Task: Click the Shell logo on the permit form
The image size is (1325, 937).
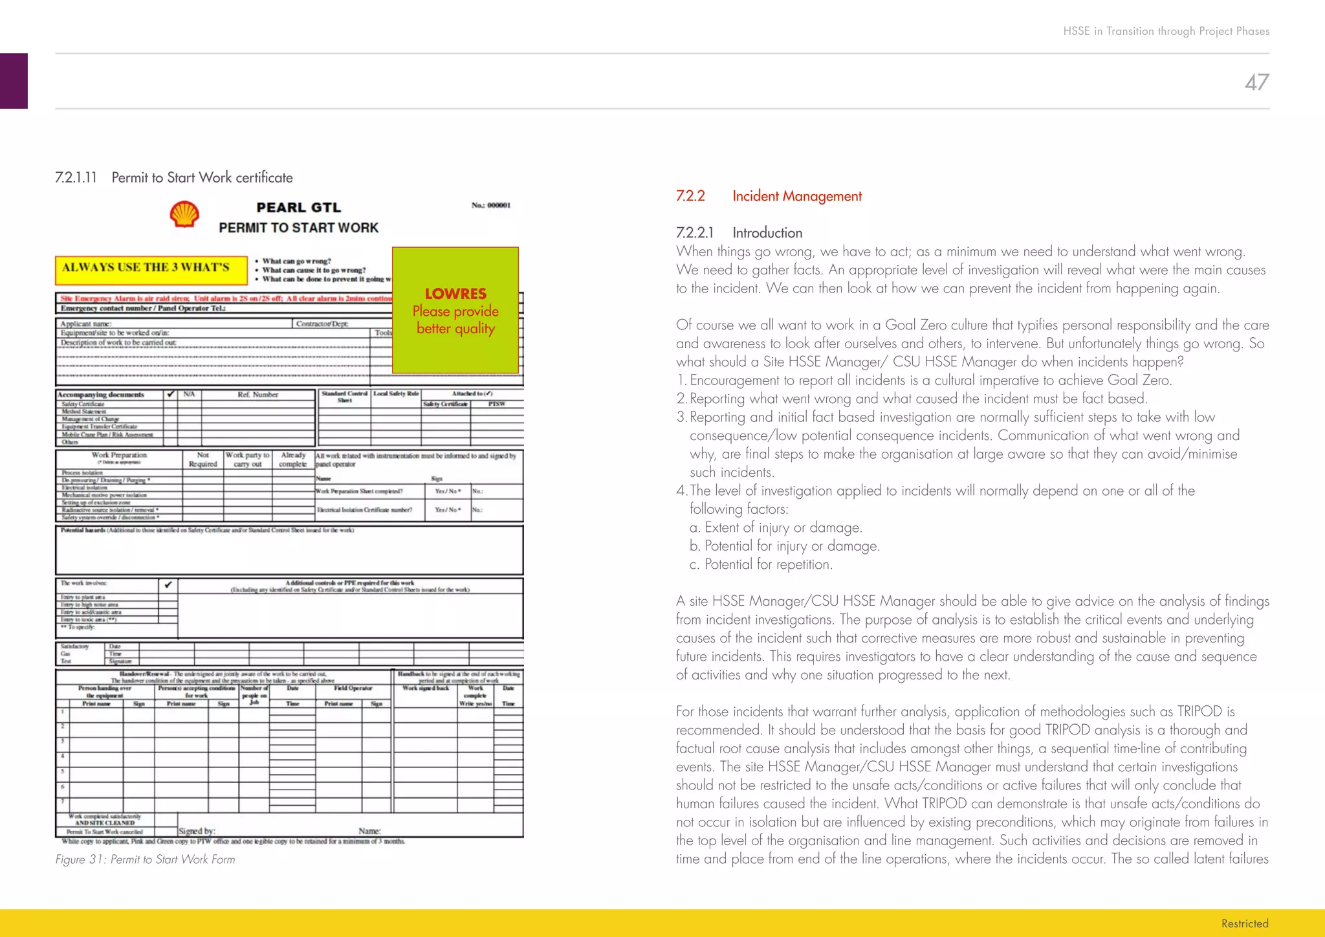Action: point(184,214)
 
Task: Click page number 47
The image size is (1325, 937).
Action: point(1256,82)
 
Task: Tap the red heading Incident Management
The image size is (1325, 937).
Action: point(796,196)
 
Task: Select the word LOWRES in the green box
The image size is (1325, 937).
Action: point(455,293)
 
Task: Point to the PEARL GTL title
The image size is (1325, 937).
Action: point(298,208)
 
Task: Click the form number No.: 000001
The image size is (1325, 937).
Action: point(490,205)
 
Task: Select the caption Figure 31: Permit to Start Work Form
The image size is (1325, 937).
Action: point(145,859)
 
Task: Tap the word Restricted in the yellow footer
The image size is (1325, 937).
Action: point(1244,923)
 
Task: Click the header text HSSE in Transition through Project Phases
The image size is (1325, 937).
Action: point(1166,31)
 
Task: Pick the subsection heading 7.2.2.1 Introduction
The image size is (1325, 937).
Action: point(739,233)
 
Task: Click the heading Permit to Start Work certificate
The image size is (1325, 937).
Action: point(202,177)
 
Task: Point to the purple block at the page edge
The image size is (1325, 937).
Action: point(14,81)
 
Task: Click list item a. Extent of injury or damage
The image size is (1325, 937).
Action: point(776,527)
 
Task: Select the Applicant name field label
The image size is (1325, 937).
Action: point(86,324)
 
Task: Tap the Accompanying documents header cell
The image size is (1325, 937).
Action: point(101,395)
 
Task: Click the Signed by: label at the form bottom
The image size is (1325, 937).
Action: point(197,831)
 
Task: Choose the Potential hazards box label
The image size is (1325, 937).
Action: point(83,530)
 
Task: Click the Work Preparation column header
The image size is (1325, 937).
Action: point(119,456)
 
